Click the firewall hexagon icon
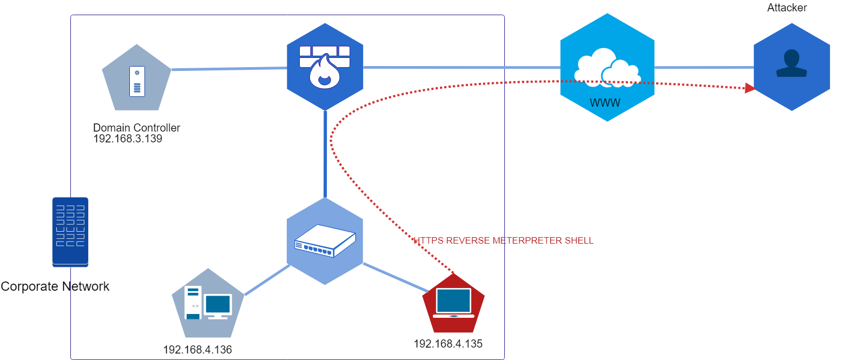pos(325,67)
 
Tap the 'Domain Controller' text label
pos(136,128)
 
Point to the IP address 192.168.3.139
pos(128,139)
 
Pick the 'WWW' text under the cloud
pos(605,103)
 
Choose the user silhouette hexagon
pos(792,67)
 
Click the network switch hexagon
pos(325,241)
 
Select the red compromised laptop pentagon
pos(453,304)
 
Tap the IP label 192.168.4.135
pos(448,344)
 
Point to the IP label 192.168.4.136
pos(198,350)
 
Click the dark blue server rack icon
pos(70,232)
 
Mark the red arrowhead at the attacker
pos(750,88)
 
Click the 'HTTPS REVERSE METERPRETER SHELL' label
pos(504,240)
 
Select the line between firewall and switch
pos(325,154)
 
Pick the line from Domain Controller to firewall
pos(229,69)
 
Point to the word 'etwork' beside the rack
pos(90,286)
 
